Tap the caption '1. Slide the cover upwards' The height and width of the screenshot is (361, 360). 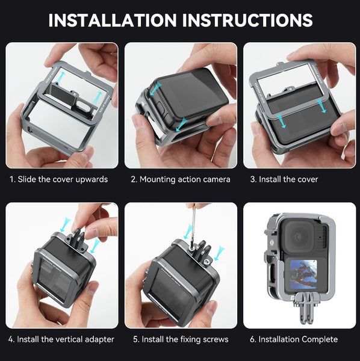pyautogui.click(x=58, y=179)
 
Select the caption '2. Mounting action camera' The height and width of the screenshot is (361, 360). pyautogui.click(x=181, y=179)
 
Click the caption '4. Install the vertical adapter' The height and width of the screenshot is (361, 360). pyautogui.click(x=61, y=339)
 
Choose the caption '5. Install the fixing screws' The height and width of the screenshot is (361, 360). pyautogui.click(x=180, y=339)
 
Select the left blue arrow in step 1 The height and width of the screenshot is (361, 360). pyautogui.click(x=61, y=76)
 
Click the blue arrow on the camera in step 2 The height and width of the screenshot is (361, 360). pyautogui.click(x=156, y=90)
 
